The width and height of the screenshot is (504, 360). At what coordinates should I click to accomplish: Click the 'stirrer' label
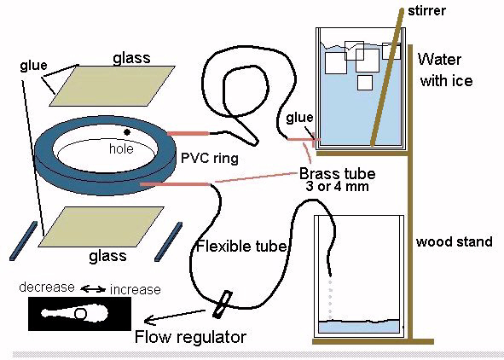(x=426, y=11)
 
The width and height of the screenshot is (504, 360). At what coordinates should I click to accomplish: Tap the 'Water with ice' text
(x=446, y=70)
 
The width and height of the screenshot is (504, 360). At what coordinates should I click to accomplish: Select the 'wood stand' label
(x=455, y=241)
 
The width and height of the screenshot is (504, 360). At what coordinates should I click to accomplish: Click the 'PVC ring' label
(x=210, y=158)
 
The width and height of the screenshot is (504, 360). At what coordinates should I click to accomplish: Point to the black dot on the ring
(x=127, y=131)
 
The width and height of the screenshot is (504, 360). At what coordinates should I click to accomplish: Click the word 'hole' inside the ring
(x=121, y=148)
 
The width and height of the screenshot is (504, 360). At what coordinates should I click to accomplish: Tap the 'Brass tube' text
(x=338, y=174)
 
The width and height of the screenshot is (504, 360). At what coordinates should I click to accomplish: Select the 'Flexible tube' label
(x=241, y=247)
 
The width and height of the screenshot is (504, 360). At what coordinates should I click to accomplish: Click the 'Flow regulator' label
(x=190, y=337)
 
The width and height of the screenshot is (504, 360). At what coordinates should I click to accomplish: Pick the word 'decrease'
(x=47, y=287)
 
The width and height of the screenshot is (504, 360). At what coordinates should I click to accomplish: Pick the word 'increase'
(x=136, y=289)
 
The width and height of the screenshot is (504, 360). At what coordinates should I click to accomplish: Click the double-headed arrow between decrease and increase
(x=93, y=289)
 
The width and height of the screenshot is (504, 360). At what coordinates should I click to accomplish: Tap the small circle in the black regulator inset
(x=80, y=314)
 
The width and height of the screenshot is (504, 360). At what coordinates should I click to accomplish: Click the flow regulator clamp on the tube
(x=223, y=304)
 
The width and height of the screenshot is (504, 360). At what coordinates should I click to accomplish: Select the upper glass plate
(x=112, y=85)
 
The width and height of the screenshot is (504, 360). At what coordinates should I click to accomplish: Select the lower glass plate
(x=101, y=227)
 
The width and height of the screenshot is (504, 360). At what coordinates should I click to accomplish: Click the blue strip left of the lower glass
(x=24, y=241)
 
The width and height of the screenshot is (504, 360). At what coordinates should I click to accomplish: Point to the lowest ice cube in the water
(x=365, y=83)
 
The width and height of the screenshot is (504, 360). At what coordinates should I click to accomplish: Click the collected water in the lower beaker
(x=359, y=327)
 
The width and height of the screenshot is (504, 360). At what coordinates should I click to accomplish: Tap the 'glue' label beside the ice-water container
(x=299, y=118)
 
